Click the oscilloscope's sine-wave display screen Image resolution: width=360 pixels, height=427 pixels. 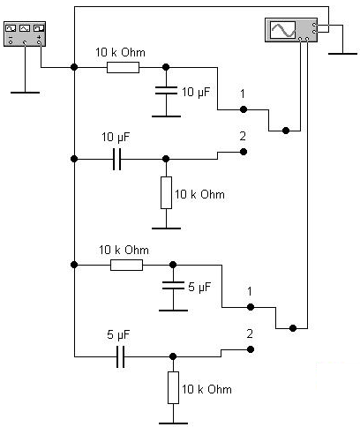(x=283, y=30)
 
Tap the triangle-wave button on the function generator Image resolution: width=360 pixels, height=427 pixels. (x=25, y=28)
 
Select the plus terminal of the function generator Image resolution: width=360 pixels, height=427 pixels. (x=39, y=42)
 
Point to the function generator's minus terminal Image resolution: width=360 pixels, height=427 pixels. (x=11, y=42)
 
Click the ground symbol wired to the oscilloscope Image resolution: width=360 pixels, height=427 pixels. (x=342, y=54)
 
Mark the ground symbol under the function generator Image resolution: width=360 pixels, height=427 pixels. (x=25, y=93)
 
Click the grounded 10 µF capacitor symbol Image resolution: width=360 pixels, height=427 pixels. (x=166, y=90)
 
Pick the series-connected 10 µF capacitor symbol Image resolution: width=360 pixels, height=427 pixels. (x=117, y=159)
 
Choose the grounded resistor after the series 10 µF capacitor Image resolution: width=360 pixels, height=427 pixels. (x=166, y=192)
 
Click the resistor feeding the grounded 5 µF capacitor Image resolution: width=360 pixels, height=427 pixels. (x=126, y=265)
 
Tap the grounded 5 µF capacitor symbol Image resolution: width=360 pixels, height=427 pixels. (x=173, y=285)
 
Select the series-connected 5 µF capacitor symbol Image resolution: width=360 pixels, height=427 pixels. (x=121, y=356)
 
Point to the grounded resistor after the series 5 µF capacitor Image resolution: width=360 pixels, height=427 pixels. (x=173, y=387)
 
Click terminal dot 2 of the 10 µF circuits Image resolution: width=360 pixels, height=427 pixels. (x=244, y=152)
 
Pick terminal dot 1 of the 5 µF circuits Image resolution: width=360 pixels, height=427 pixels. (x=251, y=307)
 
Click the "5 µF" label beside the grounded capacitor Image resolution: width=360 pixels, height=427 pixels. (x=199, y=287)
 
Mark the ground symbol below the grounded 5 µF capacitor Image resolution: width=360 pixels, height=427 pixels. (x=173, y=311)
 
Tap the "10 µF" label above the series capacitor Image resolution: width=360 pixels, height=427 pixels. (x=116, y=138)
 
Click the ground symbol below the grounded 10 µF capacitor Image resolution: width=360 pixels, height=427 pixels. (x=166, y=116)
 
